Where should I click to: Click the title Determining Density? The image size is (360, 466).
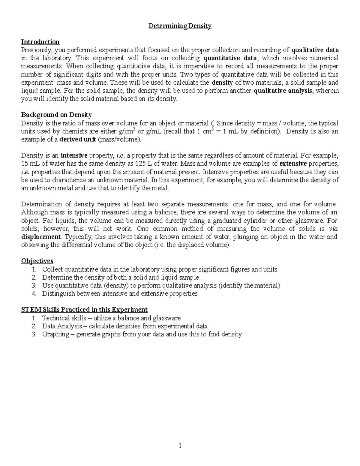[x=180, y=26]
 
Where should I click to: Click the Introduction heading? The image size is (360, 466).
[x=40, y=42]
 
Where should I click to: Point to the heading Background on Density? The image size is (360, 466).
[x=56, y=115]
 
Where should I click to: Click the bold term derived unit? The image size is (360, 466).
[x=78, y=139]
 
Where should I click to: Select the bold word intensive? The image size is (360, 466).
[x=74, y=155]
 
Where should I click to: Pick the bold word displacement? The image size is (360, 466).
[x=41, y=236]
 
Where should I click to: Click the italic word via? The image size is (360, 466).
[x=333, y=228]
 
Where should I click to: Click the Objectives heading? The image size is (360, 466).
[x=37, y=261]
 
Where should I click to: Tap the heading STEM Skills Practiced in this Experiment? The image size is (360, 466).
[x=84, y=310]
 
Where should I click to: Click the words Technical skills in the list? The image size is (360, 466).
[x=60, y=318]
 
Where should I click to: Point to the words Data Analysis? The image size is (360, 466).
[x=62, y=326]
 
